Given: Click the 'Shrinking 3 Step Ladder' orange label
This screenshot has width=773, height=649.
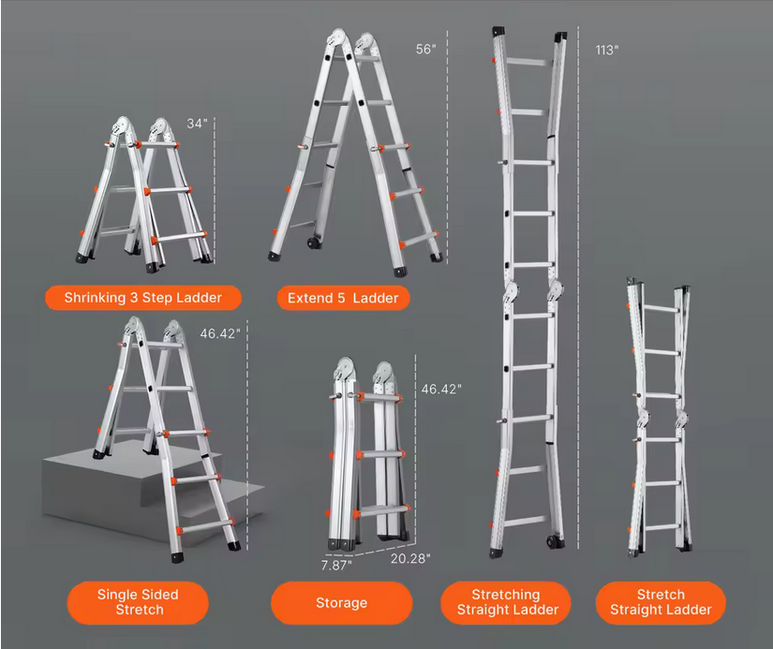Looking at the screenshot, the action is point(143,298).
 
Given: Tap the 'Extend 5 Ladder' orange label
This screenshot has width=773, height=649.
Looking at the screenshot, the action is point(343,298).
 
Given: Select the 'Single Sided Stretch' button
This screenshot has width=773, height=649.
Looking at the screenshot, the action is point(138,602).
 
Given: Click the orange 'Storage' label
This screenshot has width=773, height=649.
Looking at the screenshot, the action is point(342,603).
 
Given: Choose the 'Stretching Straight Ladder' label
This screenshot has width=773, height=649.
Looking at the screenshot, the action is point(506,602).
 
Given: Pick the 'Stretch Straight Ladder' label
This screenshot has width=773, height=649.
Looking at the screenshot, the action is point(661,602).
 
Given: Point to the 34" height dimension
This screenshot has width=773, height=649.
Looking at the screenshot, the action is point(197,124).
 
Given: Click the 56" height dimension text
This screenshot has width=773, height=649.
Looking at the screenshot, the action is point(426,50).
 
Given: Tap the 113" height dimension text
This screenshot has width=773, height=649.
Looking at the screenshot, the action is point(607,51).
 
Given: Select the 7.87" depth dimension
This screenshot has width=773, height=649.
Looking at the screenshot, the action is point(336,566).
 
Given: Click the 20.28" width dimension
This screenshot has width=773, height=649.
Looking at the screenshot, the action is point(410,558).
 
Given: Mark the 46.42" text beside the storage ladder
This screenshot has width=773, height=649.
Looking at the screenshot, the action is point(441,390).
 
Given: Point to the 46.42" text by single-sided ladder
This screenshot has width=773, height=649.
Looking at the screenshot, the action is point(220,333).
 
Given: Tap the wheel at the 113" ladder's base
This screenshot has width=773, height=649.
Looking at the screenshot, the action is point(552,541).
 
